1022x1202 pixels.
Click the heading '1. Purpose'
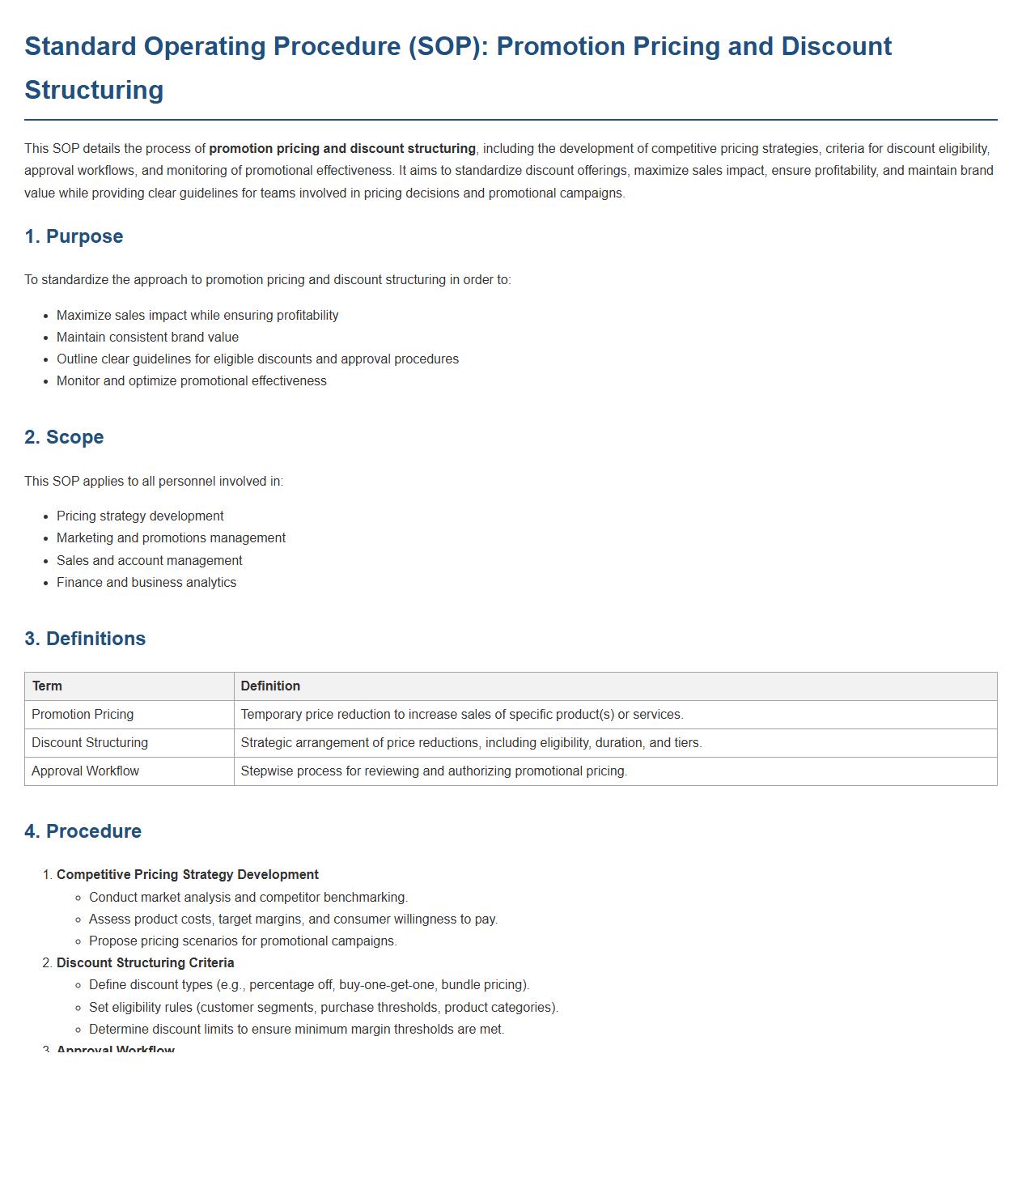tap(74, 236)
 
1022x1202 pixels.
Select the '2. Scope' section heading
tap(64, 437)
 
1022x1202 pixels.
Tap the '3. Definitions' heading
tap(85, 639)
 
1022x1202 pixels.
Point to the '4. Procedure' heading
tap(83, 831)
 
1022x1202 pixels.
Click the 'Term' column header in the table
tap(47, 686)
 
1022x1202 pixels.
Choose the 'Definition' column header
tap(270, 686)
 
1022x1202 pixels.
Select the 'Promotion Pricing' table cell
tap(83, 715)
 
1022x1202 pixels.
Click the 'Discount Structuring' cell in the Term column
tap(90, 743)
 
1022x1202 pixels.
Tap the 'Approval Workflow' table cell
tap(85, 771)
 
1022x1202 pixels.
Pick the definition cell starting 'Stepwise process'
tap(434, 771)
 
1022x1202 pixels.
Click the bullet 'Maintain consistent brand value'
tap(147, 338)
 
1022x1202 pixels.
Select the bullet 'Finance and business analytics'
tap(146, 583)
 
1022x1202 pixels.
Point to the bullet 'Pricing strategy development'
tap(140, 516)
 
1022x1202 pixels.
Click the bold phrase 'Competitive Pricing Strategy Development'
tap(188, 875)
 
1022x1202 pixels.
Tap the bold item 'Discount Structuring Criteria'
tap(146, 963)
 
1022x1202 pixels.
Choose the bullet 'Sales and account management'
tap(150, 561)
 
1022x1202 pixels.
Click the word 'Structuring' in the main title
tap(94, 90)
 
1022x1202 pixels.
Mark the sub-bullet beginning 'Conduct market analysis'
tap(248, 898)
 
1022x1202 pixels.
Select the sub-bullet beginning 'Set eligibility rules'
tap(324, 1008)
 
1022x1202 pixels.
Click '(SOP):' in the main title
tap(448, 46)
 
